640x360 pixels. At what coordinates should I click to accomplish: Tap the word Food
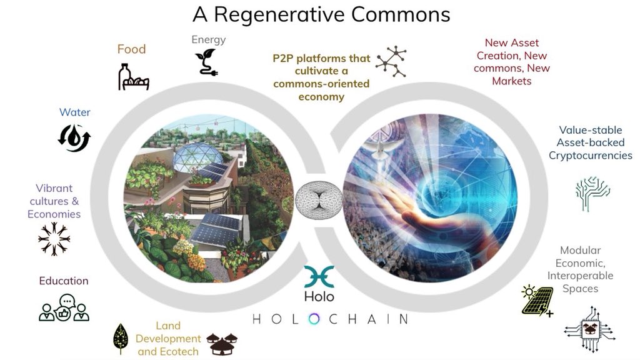point(131,49)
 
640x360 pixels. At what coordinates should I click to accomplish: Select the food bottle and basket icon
point(133,76)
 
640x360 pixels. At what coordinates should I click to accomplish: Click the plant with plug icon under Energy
point(205,62)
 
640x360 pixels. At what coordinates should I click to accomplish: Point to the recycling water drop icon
point(74,138)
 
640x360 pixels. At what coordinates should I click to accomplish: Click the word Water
point(75,112)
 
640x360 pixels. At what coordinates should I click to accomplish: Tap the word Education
point(64,281)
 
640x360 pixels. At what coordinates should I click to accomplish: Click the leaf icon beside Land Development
point(120,339)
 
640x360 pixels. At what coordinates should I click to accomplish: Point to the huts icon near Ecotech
point(222,342)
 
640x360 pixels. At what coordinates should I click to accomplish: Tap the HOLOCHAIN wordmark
point(329,319)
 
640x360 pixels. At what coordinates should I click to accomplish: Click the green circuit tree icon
point(592,193)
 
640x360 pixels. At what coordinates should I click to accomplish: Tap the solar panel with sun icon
point(536,301)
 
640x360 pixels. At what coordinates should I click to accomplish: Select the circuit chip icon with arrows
point(590,331)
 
